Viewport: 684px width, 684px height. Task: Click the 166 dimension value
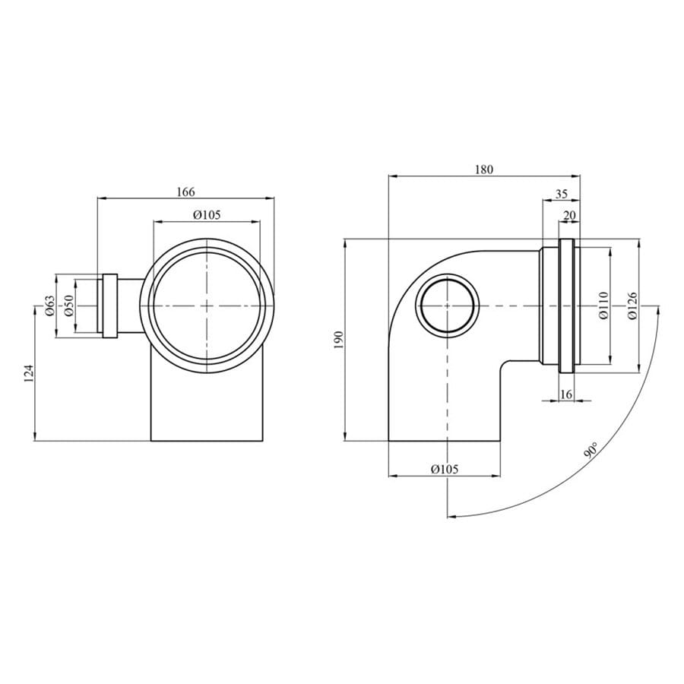(x=186, y=192)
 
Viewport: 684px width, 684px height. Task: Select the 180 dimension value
(x=484, y=169)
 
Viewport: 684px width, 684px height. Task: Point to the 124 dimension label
(x=29, y=373)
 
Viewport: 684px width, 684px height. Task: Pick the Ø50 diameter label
(x=68, y=306)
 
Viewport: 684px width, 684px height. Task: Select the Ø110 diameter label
(x=603, y=306)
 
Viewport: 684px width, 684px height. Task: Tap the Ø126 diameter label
(x=632, y=306)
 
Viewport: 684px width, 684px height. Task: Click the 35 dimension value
(x=562, y=194)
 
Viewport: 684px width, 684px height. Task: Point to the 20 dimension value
(x=570, y=216)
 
